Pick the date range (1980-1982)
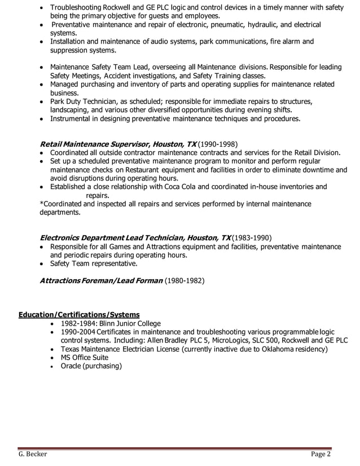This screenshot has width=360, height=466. pyautogui.click(x=185, y=280)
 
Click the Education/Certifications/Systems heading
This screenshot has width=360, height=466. pyautogui.click(x=79, y=314)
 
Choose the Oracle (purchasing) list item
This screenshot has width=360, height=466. pyautogui.click(x=91, y=366)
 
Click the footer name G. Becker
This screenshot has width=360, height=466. pyautogui.click(x=33, y=455)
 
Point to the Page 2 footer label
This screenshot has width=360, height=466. pyautogui.click(x=321, y=455)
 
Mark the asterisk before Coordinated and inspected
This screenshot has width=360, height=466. pyautogui.click(x=41, y=204)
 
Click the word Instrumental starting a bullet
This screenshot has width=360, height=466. pyautogui.click(x=72, y=119)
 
